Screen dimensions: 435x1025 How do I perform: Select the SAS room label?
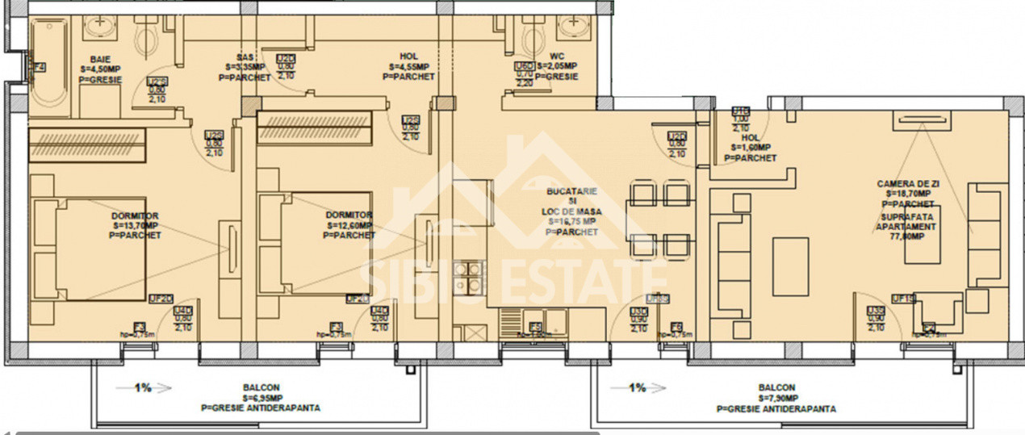click(x=246, y=56)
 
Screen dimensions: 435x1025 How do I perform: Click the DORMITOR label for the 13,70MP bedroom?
click(x=135, y=215)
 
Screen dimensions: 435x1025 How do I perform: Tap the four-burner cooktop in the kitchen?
click(x=469, y=278)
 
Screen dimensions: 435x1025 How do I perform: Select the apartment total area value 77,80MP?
click(x=908, y=237)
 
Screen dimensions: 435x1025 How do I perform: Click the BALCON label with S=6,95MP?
click(x=260, y=388)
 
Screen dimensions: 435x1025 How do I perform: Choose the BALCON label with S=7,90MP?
click(x=776, y=388)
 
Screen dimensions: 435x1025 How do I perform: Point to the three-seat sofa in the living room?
click(x=731, y=258)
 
